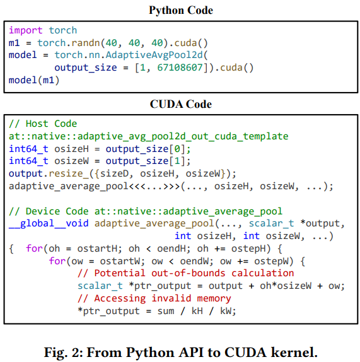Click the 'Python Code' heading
pos(181,10)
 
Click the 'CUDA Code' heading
pos(181,104)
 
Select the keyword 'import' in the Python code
pos(26,30)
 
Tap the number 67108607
pos(180,67)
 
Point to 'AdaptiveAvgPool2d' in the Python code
pos(154,55)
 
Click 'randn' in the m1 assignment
pos(86,43)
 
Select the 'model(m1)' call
pos(34,80)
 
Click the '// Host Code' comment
pos(43,124)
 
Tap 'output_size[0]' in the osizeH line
pos(148,149)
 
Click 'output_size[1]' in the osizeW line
pos(148,161)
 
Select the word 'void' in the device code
pos(77,223)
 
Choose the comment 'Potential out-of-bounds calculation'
pos(194,273)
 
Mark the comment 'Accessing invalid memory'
pos(163,298)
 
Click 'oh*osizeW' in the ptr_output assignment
pos(286,286)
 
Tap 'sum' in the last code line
pos(166,311)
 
